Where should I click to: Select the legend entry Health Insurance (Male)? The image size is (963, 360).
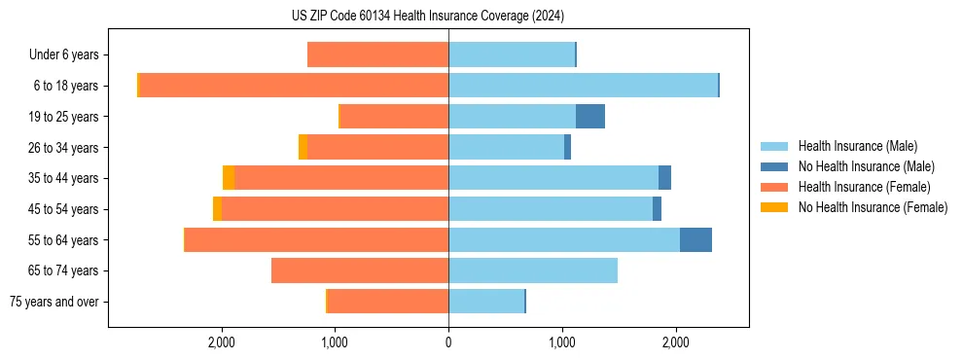coord(856,146)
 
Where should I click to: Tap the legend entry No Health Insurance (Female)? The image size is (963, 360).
coord(872,207)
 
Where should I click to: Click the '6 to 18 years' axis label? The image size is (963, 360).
coord(65,86)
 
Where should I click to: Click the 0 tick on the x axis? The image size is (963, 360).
coord(448,342)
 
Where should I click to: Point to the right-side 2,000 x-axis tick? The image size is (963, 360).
coord(676,342)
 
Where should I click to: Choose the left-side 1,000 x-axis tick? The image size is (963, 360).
coord(335,342)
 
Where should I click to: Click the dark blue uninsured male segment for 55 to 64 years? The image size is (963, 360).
coord(695,240)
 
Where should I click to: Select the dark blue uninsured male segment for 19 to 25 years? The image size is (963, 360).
coord(590,117)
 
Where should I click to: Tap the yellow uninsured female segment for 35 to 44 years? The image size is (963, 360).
coord(229,178)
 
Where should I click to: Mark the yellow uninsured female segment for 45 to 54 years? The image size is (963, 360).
coord(217,209)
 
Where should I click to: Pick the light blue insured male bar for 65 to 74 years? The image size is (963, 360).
coord(533,270)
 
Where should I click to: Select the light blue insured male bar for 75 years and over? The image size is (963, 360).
coord(486,302)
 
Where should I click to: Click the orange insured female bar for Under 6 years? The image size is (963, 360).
coord(377,55)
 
